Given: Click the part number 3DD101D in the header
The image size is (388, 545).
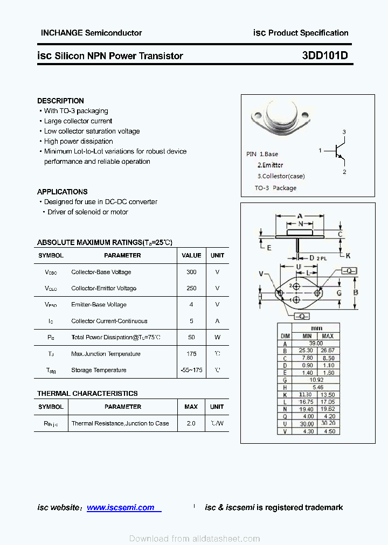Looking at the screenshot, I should coord(325,55).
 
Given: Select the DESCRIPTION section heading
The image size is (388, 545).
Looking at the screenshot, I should coord(60,101).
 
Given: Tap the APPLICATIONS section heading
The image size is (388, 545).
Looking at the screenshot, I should coord(62,192).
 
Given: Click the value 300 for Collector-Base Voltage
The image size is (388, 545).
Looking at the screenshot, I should coord(191,272).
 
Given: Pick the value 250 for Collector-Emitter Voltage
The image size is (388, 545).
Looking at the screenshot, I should coord(191,288).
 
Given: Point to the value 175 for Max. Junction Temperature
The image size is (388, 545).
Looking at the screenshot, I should coord(191,354).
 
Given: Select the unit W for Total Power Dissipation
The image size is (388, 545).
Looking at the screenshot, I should coord(217,337).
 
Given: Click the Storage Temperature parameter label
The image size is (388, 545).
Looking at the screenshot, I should coord(99,370).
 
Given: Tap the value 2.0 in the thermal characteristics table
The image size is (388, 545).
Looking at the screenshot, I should coord(191,423).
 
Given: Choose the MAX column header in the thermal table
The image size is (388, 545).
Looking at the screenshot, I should coord(191,407).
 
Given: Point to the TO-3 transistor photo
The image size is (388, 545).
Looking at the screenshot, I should coord(281,118).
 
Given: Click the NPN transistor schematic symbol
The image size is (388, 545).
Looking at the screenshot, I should coord(337,151).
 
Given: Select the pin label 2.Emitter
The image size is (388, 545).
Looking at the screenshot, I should coord(270,165).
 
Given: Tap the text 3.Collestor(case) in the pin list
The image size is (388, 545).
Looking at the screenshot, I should coord(281,176).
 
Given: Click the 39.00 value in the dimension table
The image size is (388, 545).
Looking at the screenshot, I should coord(316,343).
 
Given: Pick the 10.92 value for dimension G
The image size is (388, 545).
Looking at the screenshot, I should coord(316,380).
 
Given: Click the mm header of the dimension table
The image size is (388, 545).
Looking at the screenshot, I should coord(316,328).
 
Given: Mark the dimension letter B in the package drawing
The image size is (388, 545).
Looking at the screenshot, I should coord(356,293).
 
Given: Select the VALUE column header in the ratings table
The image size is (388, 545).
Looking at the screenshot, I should coord(191,255).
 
